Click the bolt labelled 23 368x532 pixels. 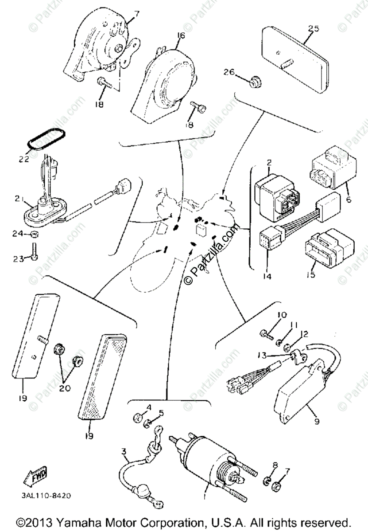pos(35,251)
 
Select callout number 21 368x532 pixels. pos(17,200)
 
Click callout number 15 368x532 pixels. pos(310,275)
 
